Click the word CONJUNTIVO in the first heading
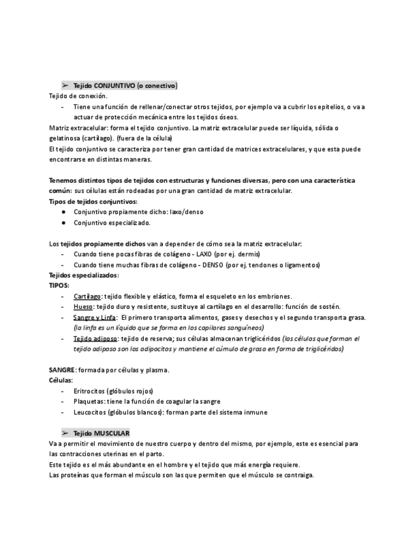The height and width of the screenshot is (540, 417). pos(114,85)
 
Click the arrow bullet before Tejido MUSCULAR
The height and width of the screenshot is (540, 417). pos(65,432)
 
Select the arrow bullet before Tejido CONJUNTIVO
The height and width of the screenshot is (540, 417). pos(65,85)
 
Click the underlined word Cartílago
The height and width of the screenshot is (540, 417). pos(87,296)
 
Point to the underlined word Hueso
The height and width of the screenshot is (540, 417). pos(83,306)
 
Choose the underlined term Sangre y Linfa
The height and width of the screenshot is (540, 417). pos(94,317)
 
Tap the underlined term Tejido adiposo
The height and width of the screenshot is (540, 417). pos(94,338)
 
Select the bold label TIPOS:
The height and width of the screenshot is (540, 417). pos(59,285)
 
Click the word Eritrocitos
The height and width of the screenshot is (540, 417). pos(89,390)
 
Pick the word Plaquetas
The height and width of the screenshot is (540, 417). pos(88,401)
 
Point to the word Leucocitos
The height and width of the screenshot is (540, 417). pos(90,412)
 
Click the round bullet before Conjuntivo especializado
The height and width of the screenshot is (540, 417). pos(64,223)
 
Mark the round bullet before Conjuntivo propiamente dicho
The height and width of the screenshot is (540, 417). pos(64,212)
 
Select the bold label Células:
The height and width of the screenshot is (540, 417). pos(61,380)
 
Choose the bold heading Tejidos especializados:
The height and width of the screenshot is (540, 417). pos(83,275)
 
